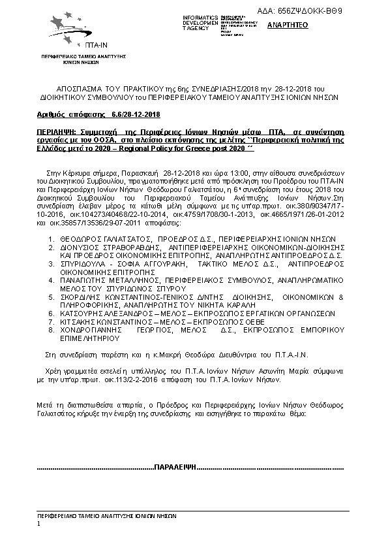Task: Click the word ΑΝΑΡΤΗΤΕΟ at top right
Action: coord(284,25)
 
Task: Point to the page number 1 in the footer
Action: coord(39,523)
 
